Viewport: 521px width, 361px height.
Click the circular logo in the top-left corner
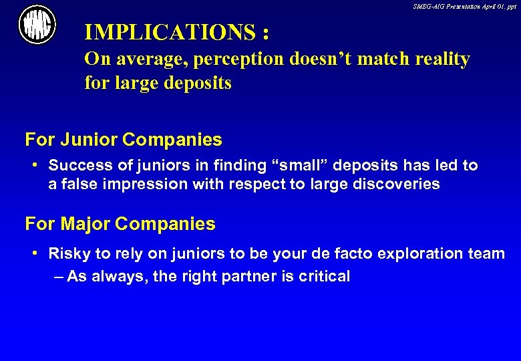[x=37, y=24]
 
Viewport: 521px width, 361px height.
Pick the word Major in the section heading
[x=88, y=224]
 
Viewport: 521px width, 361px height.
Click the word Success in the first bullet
[x=77, y=165]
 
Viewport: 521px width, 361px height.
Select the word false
[x=78, y=184]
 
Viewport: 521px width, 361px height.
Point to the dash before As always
[x=58, y=276]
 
